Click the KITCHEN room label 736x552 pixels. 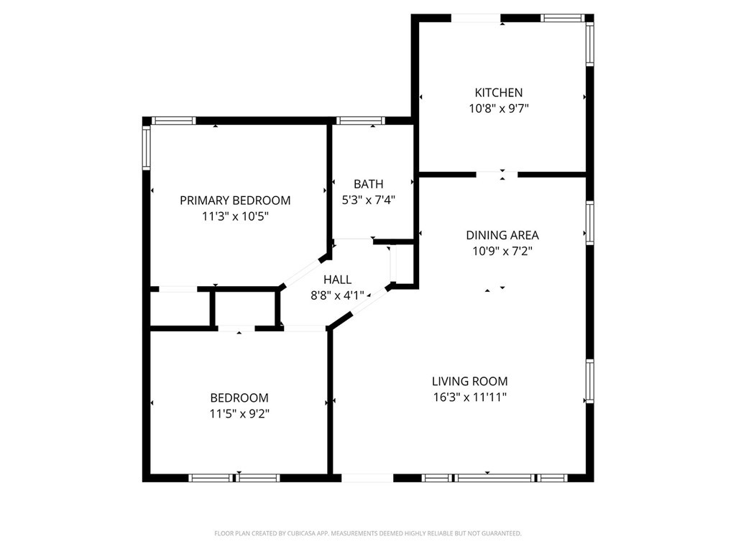coord(499,93)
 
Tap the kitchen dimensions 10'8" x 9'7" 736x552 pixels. coord(499,109)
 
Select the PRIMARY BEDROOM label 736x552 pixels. coord(235,201)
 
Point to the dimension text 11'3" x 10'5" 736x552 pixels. coord(235,216)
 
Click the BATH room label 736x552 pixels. coord(369,184)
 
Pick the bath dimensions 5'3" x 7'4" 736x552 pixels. coord(369,200)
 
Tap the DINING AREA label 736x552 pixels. coord(502,235)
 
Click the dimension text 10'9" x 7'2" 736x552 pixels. coord(502,251)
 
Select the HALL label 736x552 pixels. coord(338,280)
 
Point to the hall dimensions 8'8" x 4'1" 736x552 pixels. coord(338,295)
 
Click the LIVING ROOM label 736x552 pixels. coord(470,381)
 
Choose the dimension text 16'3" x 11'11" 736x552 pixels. coord(470,397)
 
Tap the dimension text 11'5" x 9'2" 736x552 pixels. coord(239,413)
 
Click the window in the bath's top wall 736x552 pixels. coord(361,121)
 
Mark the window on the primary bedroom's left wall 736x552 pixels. coord(146,148)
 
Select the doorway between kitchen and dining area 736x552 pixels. coord(497,175)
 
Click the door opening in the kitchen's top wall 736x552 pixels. coord(476,18)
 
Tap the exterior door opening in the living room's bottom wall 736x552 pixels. coord(367,478)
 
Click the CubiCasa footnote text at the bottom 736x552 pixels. coord(368,533)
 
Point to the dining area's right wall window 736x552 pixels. coord(590,223)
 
